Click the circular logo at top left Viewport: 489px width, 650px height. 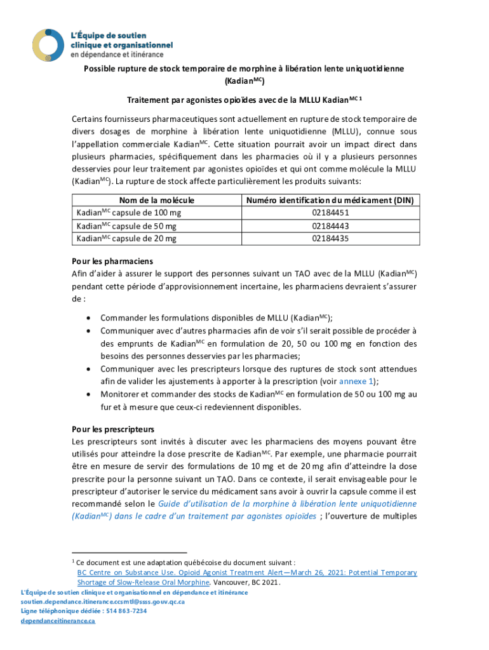click(x=48, y=44)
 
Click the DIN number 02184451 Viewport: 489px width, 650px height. click(x=330, y=213)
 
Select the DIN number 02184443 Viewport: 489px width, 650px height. click(x=330, y=226)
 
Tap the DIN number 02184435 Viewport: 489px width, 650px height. click(x=330, y=239)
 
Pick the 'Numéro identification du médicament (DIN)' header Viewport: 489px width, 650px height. click(x=330, y=201)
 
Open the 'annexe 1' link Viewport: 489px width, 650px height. click(x=356, y=381)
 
